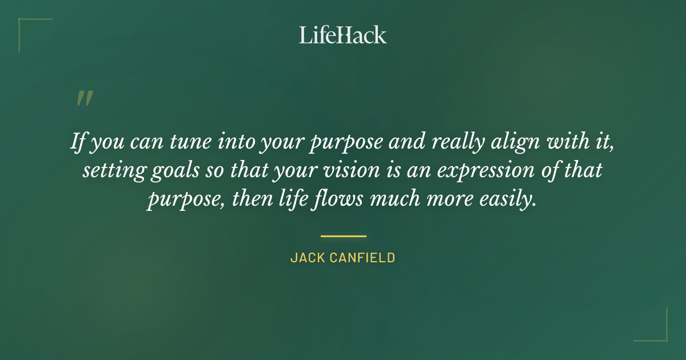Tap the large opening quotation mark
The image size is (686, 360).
[x=84, y=98]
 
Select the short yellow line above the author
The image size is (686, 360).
[x=343, y=235]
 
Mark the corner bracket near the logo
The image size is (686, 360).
[x=34, y=34]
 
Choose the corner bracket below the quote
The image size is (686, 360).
[x=651, y=325]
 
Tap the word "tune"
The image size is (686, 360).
[x=186, y=142]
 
